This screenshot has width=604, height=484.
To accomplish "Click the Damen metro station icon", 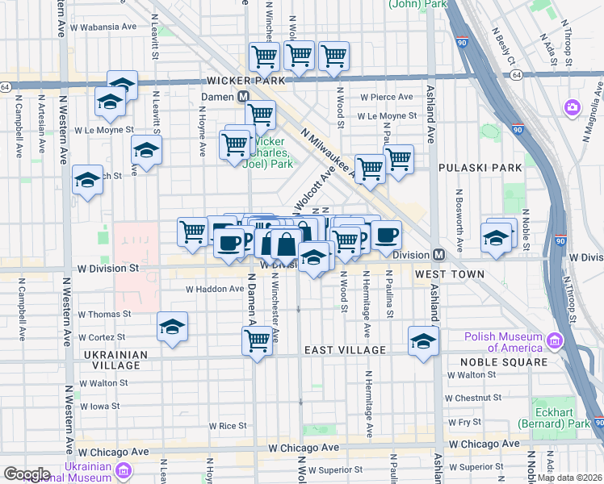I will tap(243, 96).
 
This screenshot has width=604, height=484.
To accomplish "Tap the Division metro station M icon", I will tap(438, 254).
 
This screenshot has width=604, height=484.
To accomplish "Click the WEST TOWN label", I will tap(450, 274).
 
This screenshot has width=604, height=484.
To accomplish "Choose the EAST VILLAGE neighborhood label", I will tap(345, 350).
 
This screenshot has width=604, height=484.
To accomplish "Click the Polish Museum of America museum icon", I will tap(554, 342).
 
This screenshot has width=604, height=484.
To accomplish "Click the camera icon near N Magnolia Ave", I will tap(573, 107).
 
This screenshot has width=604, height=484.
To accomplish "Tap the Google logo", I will tap(27, 474).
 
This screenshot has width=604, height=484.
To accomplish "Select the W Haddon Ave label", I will tap(214, 288).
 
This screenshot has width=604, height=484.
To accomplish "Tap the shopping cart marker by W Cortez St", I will tap(258, 340).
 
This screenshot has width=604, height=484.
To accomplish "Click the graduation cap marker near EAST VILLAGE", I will tap(423, 340).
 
